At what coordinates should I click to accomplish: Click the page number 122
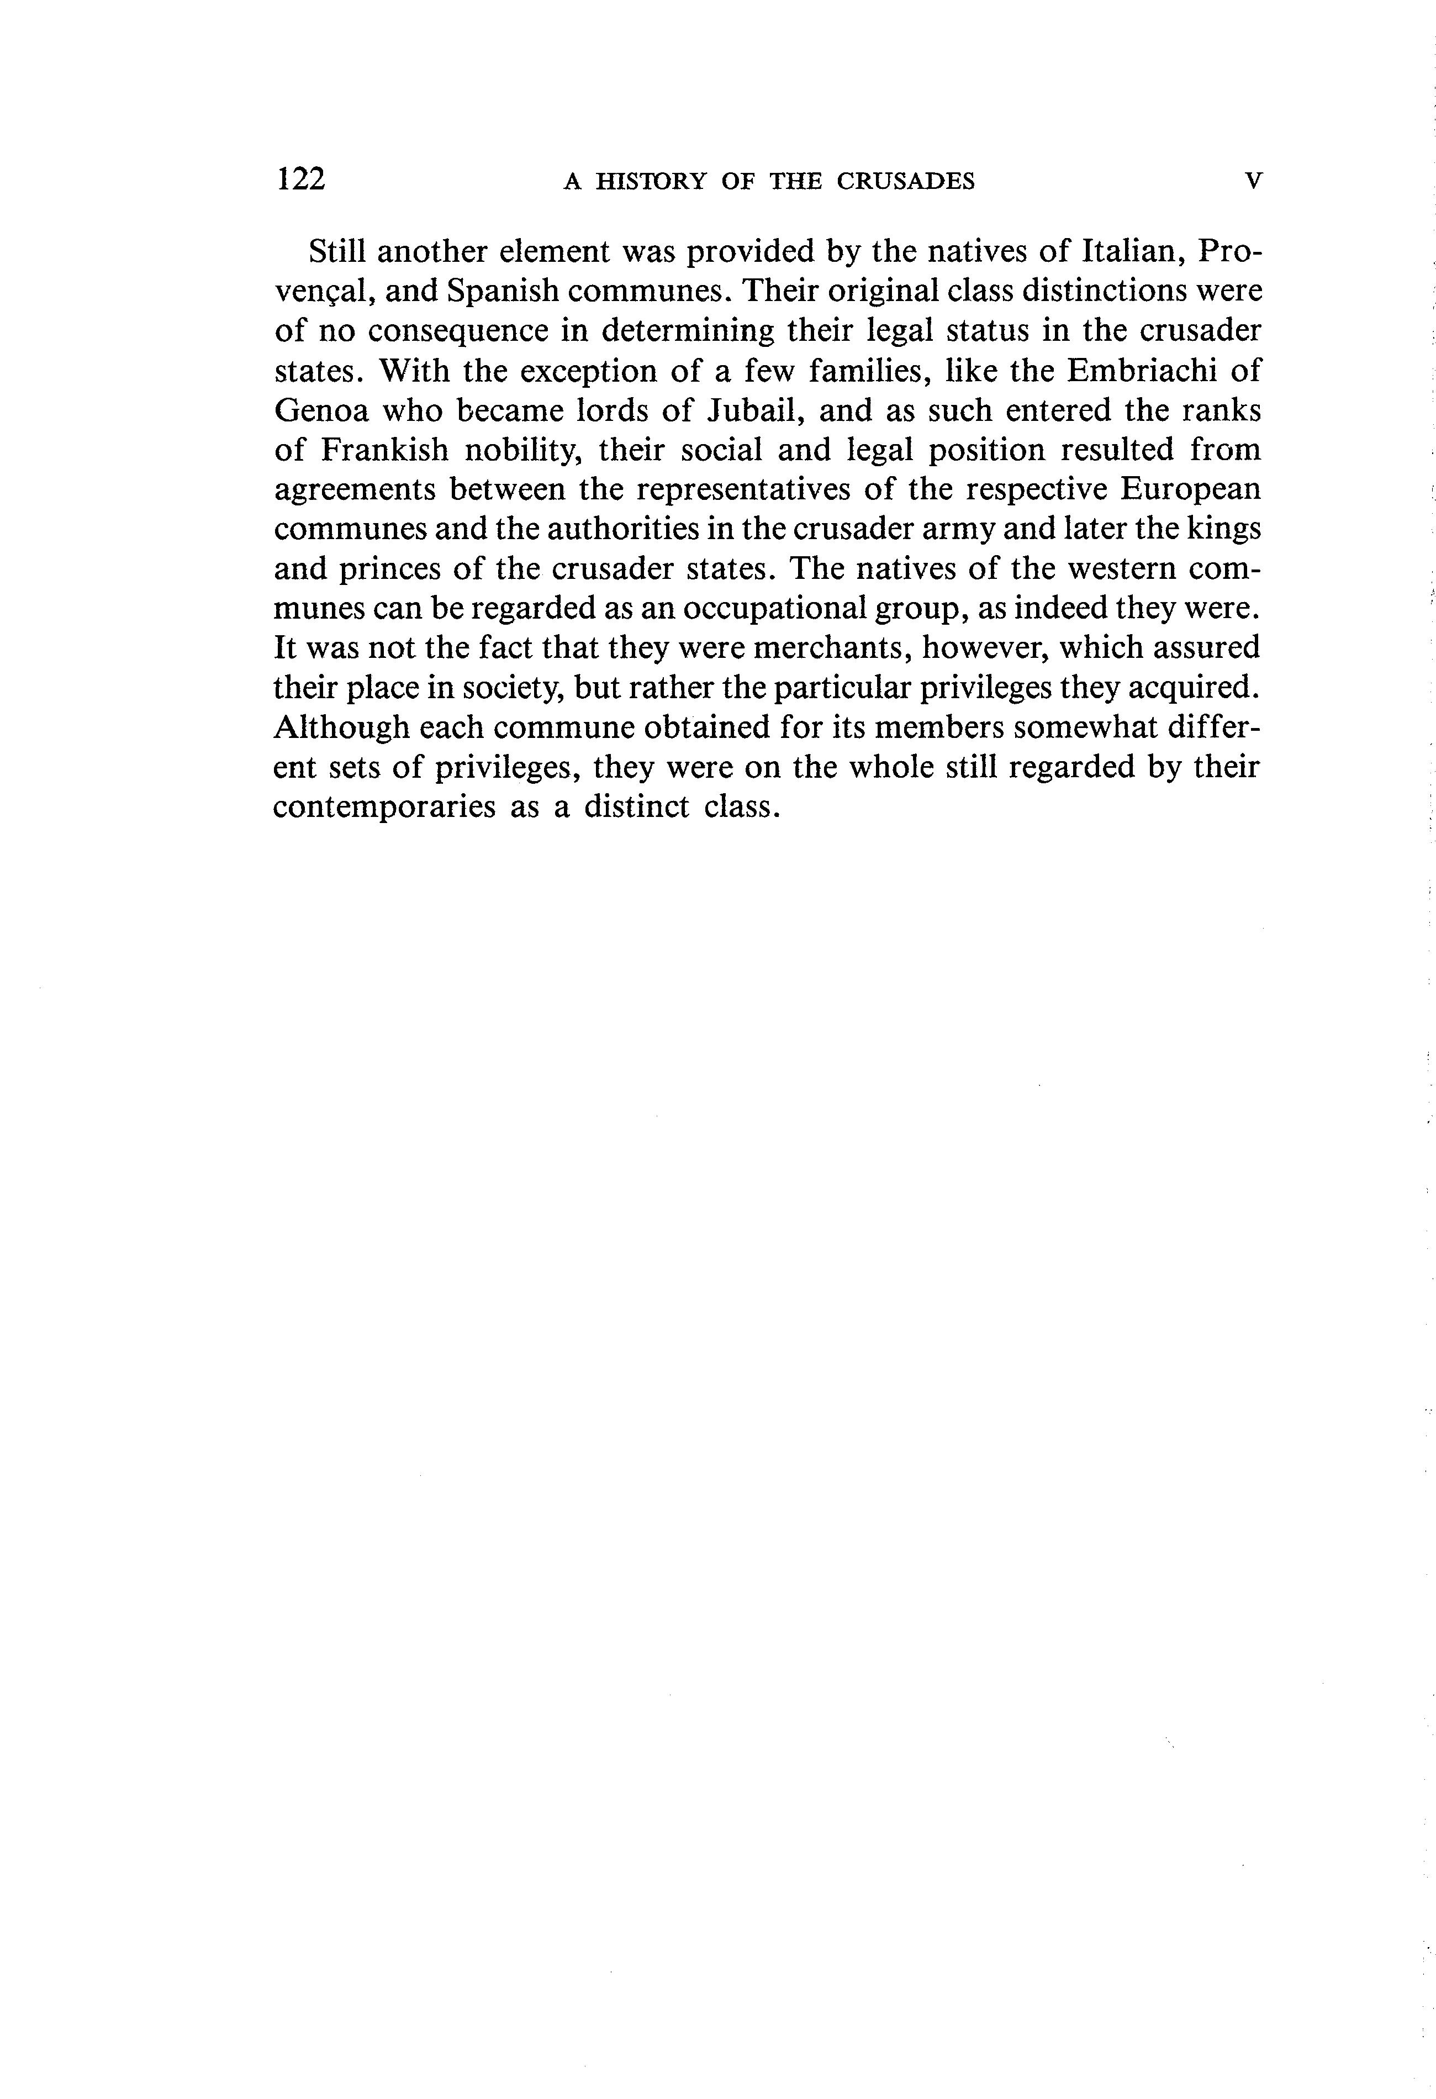pos(301,179)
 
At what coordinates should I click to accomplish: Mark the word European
pos(1190,489)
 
